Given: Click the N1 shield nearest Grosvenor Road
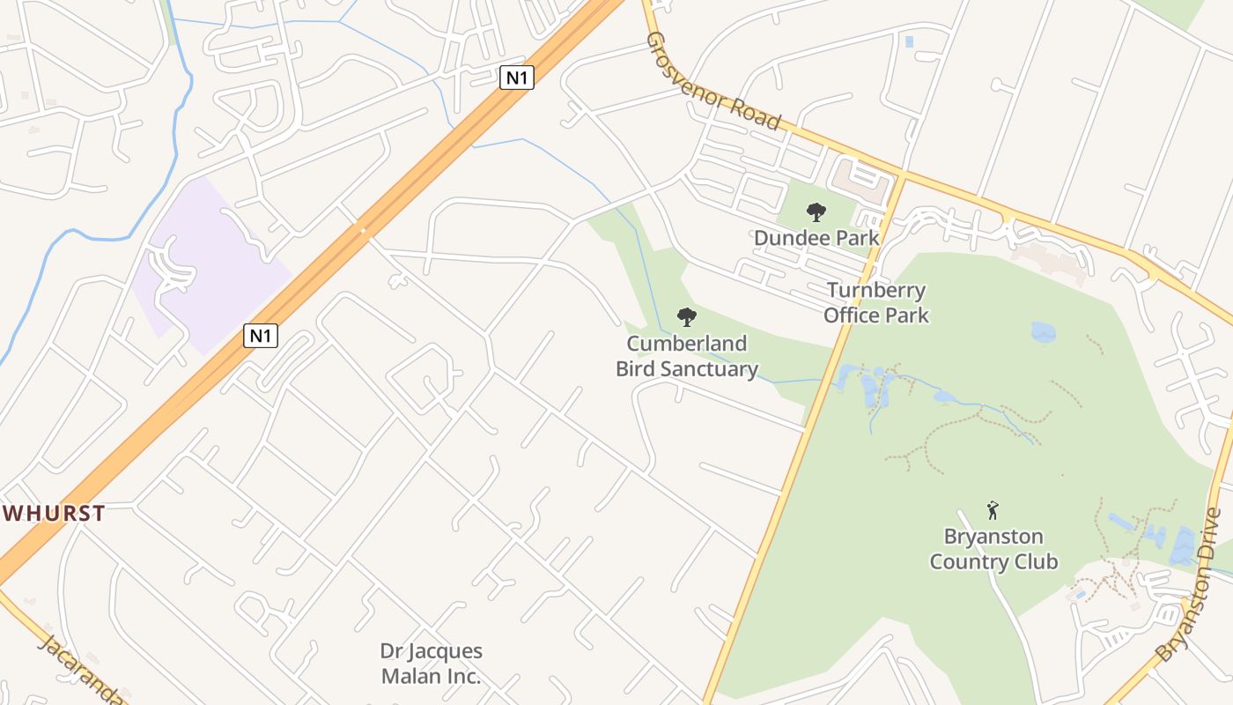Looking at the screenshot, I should click(517, 78).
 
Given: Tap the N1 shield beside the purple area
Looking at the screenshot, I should click(262, 336).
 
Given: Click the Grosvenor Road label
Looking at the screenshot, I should click(713, 81).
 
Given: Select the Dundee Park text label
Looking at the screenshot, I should click(816, 238).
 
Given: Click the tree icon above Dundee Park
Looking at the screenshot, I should click(816, 212).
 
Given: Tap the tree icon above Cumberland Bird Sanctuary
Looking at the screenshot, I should click(686, 317).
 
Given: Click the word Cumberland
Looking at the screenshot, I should click(686, 344).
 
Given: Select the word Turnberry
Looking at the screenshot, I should click(875, 291).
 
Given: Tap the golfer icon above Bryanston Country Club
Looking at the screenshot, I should click(993, 510).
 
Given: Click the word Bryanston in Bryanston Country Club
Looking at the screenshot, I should click(993, 537).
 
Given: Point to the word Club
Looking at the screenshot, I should click(1034, 561).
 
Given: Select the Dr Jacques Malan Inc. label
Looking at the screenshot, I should click(432, 664).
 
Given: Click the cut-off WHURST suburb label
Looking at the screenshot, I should click(53, 513).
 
